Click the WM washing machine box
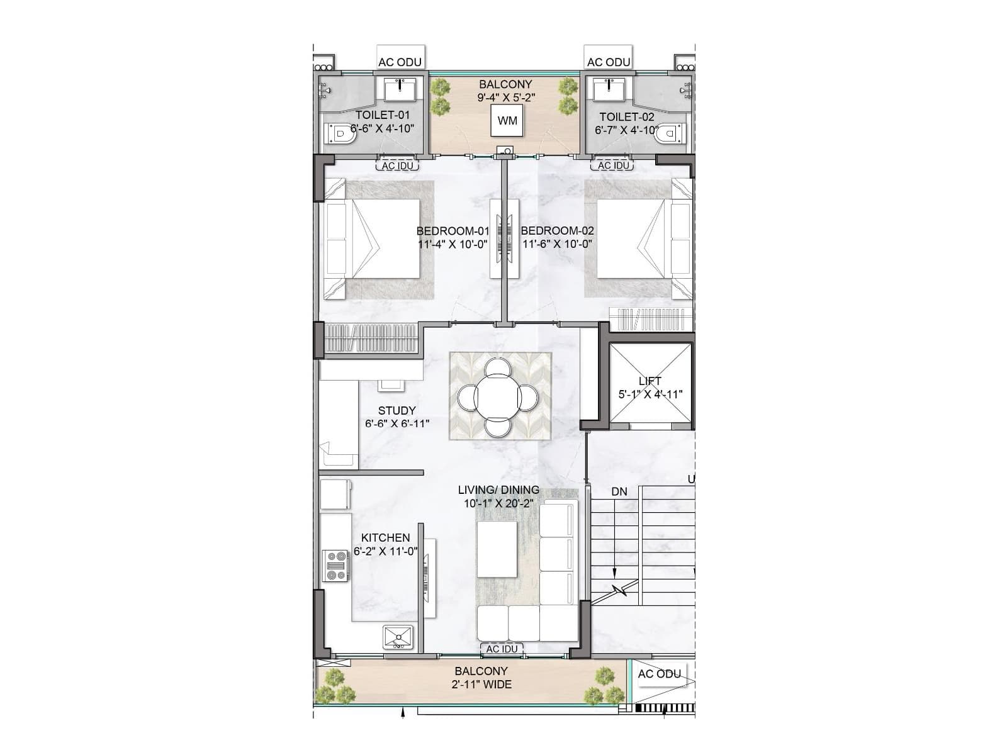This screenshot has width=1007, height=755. point(507,120)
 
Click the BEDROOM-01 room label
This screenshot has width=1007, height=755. point(453,231)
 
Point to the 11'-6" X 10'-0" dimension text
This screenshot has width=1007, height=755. point(558,244)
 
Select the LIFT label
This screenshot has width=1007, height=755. point(650,381)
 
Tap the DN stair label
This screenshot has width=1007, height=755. point(619,491)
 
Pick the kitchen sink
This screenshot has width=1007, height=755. point(398,637)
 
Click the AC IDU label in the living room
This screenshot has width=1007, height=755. point(502,649)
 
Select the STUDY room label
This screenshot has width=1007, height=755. point(397,410)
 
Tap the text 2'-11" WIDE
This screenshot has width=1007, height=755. point(481,685)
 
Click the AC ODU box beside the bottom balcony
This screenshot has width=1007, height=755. point(659,674)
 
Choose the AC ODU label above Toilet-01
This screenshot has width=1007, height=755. point(400,62)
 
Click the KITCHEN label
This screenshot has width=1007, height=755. point(385,538)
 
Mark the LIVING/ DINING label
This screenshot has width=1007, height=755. point(498,489)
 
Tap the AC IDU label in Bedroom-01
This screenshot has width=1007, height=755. point(398,165)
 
